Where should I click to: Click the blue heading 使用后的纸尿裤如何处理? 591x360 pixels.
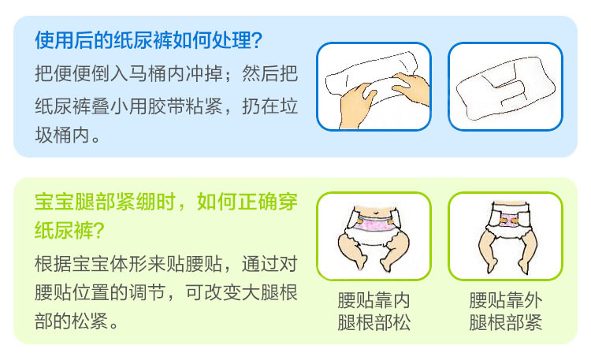(x=148, y=40)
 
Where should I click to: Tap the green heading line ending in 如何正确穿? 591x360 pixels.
(x=165, y=202)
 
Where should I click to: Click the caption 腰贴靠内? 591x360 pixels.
(x=374, y=300)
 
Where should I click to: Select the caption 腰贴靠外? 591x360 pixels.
(x=505, y=300)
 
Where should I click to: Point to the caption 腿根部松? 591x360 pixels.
(x=374, y=323)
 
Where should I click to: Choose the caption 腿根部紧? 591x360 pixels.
(x=505, y=323)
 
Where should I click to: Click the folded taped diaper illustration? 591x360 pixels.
(x=505, y=87)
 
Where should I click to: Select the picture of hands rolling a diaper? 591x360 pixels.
(x=374, y=87)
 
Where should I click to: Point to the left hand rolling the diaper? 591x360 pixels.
(x=356, y=106)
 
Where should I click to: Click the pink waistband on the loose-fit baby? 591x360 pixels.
(x=374, y=225)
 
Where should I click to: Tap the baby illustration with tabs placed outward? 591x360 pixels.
(x=505, y=236)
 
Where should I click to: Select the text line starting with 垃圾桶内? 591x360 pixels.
(x=68, y=135)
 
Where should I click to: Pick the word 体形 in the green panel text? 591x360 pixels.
(x=128, y=264)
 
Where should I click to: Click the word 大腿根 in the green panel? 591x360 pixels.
(x=269, y=292)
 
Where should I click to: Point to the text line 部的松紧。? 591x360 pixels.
(x=76, y=321)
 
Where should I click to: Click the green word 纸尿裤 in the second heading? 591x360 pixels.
(x=63, y=230)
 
